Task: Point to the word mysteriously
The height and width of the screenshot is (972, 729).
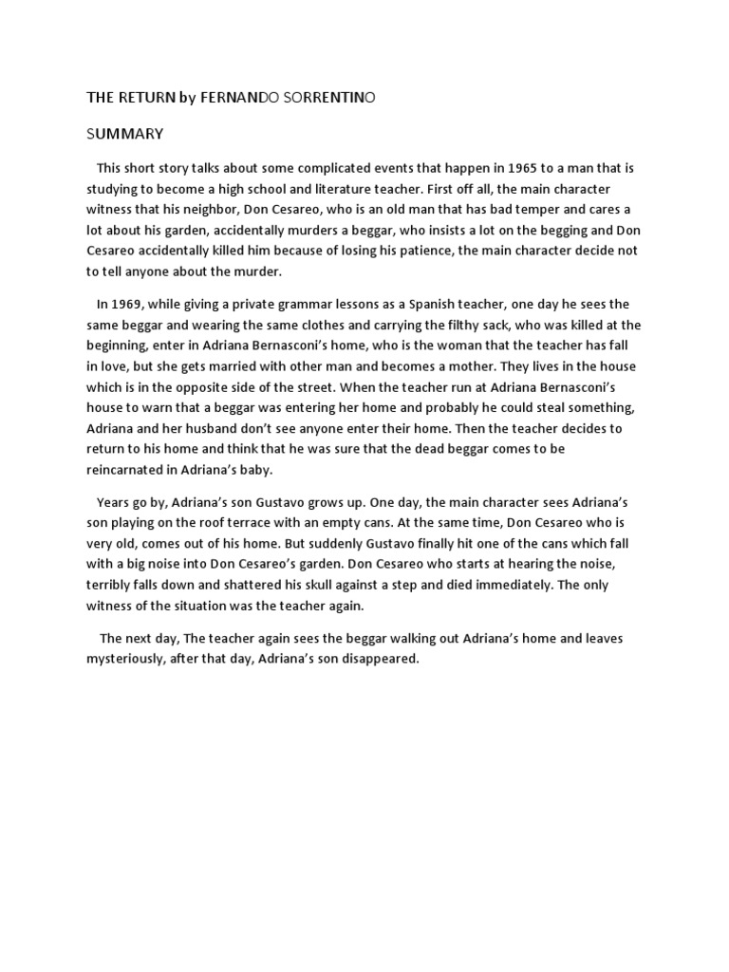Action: (x=132, y=659)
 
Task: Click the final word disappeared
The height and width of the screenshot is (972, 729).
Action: (x=379, y=659)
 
